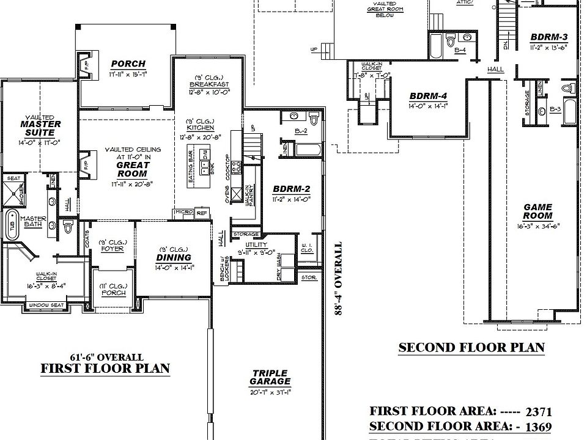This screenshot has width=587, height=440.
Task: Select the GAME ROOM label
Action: click(537, 211)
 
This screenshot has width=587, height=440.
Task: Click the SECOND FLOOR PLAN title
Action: click(471, 348)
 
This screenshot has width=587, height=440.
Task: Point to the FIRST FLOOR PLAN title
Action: click(105, 369)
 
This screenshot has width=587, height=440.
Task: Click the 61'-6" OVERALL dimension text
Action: click(106, 357)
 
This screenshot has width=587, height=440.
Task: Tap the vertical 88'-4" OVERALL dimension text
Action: click(338, 278)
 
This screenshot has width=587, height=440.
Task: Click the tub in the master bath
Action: click(11, 223)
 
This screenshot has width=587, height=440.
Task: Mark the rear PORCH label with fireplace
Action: click(128, 64)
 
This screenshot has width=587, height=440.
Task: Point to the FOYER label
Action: click(111, 249)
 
